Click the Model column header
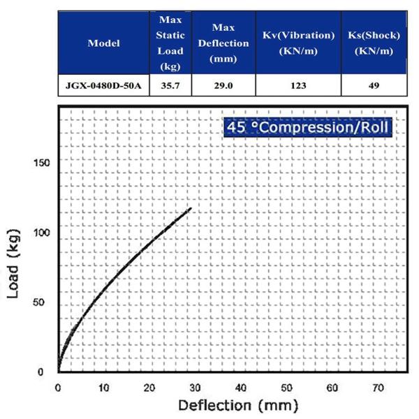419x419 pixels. [x=103, y=43]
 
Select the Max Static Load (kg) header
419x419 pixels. [x=170, y=43]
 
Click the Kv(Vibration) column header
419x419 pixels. [x=297, y=43]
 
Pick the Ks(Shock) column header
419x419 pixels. [x=374, y=43]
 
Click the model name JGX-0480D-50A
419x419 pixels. [x=103, y=85]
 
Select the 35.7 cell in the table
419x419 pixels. [x=170, y=85]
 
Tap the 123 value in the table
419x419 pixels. [x=297, y=85]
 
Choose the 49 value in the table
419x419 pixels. [x=374, y=85]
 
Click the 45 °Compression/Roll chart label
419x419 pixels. [x=307, y=128]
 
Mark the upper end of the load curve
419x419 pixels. [x=191, y=208]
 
